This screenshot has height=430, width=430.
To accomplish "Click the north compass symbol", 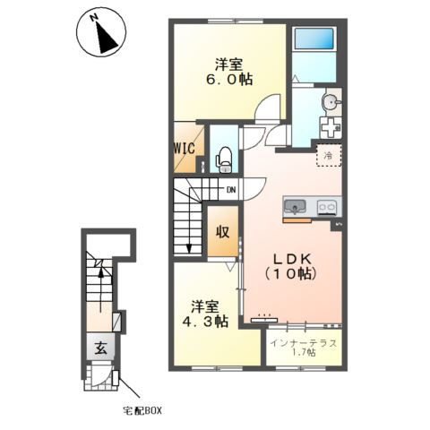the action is tap(101, 31).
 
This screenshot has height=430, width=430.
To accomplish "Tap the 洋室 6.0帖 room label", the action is tap(229, 72).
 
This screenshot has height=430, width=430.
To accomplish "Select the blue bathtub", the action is tap(314, 39).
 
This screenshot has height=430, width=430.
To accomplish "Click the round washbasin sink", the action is tap(331, 103).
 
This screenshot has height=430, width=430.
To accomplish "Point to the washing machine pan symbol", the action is tap(331, 127).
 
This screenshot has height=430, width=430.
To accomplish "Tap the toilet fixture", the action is tap(225, 160).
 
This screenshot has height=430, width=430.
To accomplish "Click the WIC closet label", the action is tap(185, 148).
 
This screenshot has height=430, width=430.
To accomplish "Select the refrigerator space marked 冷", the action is tap(329, 155).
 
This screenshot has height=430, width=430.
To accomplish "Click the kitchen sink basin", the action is tap(295, 206).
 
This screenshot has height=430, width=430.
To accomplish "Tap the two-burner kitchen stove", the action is tap(328, 207).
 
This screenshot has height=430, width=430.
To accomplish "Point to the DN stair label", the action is tap(231, 190).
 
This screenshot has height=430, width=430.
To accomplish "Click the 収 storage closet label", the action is tap(223, 232).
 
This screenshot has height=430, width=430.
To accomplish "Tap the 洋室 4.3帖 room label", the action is tap(205, 314).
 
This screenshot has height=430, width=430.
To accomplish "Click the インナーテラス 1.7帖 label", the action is tap(304, 348).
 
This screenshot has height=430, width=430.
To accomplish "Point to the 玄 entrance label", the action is tap(100, 348).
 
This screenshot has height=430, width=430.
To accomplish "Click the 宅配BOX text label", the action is tap(142, 411).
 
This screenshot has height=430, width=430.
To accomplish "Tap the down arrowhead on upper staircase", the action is tap(189, 248).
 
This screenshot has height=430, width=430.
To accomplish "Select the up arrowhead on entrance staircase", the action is tap(101, 271).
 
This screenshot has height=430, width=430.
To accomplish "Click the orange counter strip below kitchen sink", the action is tap(297, 220).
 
